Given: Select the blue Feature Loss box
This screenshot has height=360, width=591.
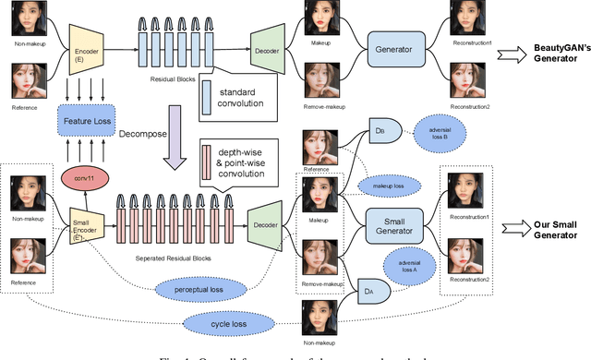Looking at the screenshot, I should point(85,120).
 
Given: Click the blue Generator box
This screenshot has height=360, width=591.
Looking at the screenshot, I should point(401,45).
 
